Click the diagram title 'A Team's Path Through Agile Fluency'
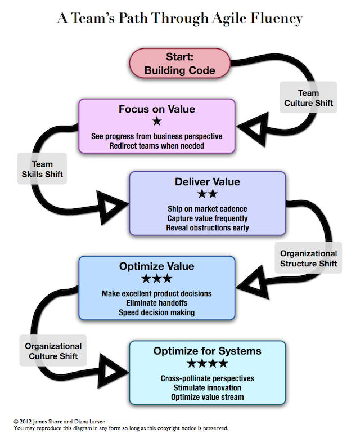[x=179, y=19]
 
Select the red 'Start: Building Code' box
[x=179, y=64]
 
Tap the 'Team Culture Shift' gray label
[x=309, y=98]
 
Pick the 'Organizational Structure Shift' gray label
[x=309, y=258]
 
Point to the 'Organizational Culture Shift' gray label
[x=53, y=351]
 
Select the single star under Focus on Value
[x=156, y=122]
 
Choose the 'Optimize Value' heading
[x=156, y=266]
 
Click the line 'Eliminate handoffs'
[x=156, y=303]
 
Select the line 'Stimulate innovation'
[x=207, y=387]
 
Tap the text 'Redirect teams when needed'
[x=156, y=145]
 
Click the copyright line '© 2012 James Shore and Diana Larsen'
[x=61, y=421]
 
